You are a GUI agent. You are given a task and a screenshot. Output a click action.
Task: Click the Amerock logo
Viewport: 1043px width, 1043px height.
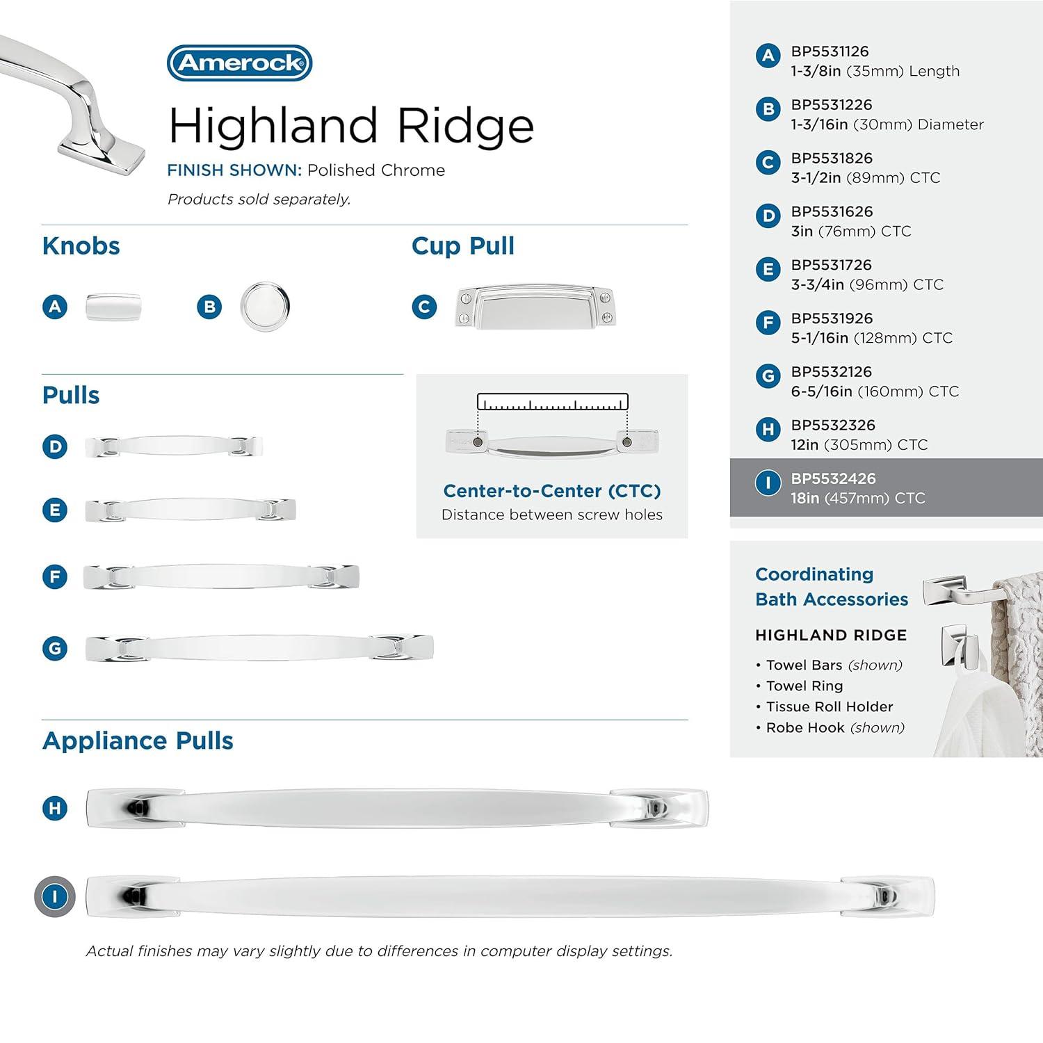click(x=239, y=63)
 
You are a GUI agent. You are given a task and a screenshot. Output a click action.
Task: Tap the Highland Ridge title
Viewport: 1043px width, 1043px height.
click(x=351, y=126)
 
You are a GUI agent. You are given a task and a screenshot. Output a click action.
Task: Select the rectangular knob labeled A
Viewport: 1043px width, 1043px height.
click(x=113, y=307)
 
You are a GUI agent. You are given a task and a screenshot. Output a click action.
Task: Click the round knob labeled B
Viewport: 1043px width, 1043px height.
click(x=265, y=307)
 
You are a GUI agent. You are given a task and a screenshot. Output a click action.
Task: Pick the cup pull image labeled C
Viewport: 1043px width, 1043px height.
click(x=535, y=307)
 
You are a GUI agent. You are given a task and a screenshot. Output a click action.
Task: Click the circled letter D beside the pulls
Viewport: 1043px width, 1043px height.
click(x=55, y=446)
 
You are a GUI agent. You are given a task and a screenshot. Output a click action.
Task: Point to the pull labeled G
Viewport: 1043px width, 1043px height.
click(x=259, y=648)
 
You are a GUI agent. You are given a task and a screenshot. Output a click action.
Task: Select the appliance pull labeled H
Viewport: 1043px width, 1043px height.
click(x=397, y=808)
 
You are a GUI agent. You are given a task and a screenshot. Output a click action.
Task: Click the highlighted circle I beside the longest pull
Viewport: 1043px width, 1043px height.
click(x=55, y=896)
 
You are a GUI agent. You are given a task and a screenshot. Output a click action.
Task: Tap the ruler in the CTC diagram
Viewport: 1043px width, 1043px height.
click(x=552, y=402)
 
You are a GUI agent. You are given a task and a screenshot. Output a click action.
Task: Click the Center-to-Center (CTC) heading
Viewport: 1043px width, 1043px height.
click(x=552, y=491)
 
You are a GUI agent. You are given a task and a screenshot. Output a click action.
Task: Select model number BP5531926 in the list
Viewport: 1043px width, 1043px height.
click(x=832, y=318)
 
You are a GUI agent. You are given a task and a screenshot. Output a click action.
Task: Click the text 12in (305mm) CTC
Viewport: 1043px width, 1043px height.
click(x=859, y=445)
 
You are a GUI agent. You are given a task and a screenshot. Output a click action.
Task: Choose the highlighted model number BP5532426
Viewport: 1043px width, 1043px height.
click(x=833, y=478)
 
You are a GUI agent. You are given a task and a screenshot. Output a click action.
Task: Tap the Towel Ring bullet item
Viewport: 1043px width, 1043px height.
click(x=804, y=686)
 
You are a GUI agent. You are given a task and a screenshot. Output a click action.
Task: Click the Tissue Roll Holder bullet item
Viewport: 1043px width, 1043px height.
click(x=829, y=706)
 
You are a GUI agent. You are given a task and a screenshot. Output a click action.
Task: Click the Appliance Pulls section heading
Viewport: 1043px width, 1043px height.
click(x=138, y=741)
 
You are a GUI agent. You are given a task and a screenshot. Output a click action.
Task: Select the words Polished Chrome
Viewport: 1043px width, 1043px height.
click(x=375, y=170)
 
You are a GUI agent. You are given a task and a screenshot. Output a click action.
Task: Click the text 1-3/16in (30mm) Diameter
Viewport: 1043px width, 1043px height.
click(x=887, y=124)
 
